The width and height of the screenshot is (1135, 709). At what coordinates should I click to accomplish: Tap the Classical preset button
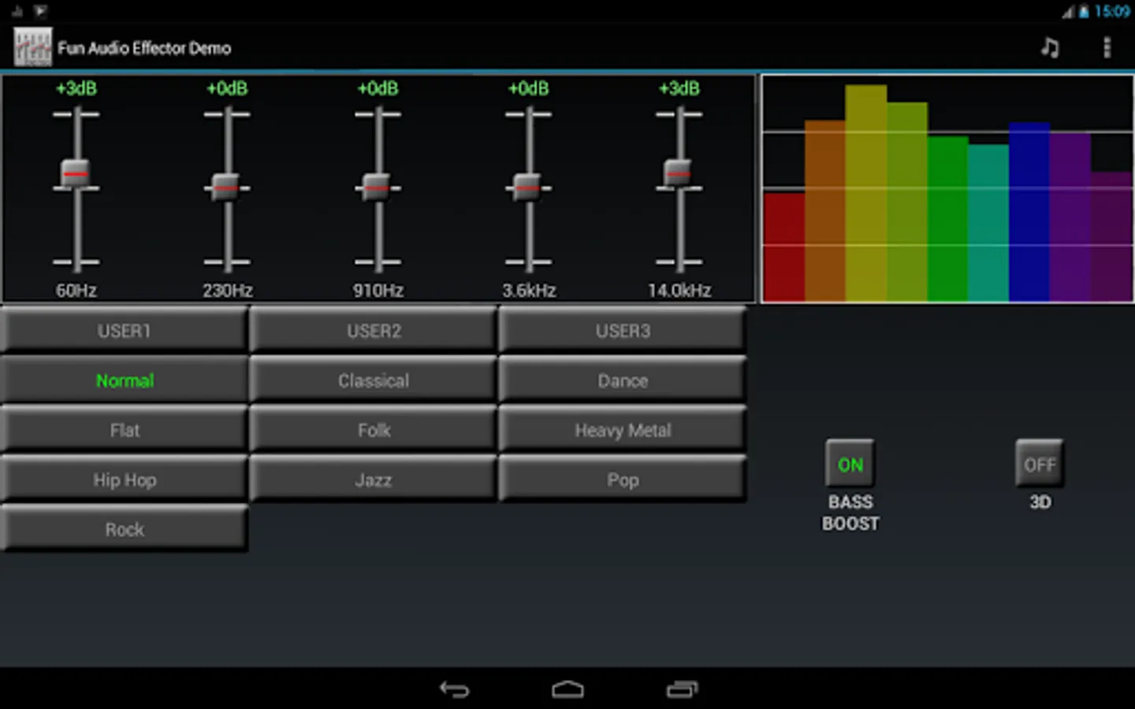(373, 380)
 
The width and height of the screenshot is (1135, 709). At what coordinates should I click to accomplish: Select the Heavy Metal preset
(622, 429)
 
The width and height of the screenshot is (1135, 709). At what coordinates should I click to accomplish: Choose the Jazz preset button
(373, 479)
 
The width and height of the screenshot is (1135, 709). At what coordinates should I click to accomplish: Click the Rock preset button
(125, 529)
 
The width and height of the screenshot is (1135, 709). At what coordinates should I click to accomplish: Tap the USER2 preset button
(373, 330)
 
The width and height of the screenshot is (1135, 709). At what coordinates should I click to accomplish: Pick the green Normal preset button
(125, 380)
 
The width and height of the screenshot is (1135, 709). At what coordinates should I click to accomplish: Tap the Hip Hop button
(125, 479)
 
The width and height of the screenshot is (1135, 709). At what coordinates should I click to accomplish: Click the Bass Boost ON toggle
(850, 463)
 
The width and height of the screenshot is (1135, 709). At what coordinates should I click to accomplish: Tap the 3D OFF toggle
(1040, 463)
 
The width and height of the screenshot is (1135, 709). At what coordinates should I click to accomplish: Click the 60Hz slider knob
(76, 173)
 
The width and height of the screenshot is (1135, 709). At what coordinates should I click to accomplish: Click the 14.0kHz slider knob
(678, 173)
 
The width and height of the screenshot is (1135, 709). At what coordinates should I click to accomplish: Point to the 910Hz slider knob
(377, 187)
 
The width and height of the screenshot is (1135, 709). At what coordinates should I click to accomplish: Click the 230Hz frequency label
(228, 290)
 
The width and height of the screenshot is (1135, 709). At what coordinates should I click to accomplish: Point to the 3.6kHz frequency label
(529, 290)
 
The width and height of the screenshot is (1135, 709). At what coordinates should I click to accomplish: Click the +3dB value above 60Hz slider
(76, 88)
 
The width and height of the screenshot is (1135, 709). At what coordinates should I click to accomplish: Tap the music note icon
(1050, 48)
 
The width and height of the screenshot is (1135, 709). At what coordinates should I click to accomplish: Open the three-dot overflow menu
(1107, 47)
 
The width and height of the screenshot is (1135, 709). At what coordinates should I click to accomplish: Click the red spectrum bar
(784, 247)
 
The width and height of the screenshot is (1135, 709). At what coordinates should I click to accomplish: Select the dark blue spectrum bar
(1029, 212)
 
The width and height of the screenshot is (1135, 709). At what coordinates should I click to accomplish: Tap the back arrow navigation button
(455, 689)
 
